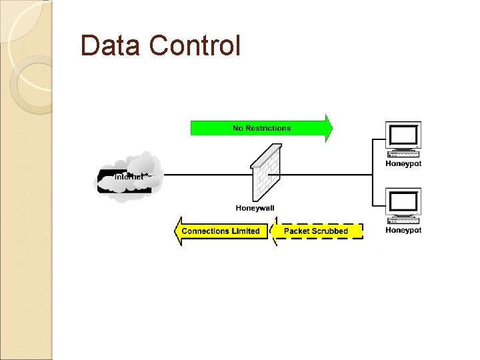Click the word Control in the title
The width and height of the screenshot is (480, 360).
[194, 45]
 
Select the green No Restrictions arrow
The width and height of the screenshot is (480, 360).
[260, 128]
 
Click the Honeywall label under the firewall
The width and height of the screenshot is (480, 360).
[255, 208]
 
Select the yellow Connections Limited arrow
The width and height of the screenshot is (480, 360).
[221, 231]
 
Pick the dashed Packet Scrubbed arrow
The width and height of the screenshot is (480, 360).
[319, 231]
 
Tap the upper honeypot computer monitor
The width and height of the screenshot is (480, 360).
[404, 137]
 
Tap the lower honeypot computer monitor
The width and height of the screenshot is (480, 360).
[404, 203]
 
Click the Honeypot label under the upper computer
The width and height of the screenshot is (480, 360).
[403, 164]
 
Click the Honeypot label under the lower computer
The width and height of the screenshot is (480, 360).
[403, 230]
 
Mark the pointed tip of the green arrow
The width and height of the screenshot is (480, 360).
[331, 128]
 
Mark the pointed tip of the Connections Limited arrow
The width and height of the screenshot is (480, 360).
[175, 231]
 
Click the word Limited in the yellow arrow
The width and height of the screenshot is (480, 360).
[247, 231]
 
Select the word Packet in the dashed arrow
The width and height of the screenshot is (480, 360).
[297, 231]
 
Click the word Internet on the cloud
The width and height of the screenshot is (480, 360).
[129, 177]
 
